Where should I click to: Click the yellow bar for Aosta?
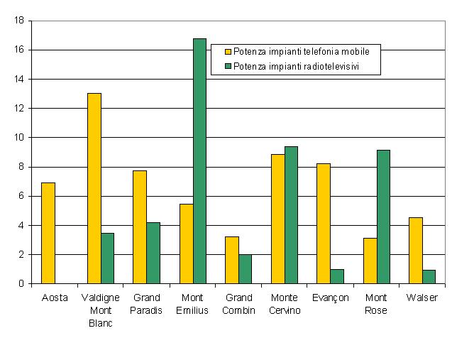coord(48,233)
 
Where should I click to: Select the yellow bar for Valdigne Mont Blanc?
coord(94,188)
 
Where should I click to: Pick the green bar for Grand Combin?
coord(245,269)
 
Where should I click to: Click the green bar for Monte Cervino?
coord(291,215)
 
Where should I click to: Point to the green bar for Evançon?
coord(337,276)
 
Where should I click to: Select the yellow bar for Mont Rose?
coord(370,261)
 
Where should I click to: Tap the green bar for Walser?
coord(429,277)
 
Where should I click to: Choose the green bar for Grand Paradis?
coord(153,253)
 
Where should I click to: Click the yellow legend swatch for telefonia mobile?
coord(228,51)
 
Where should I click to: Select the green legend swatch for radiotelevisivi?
coord(228,66)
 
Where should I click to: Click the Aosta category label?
coord(55,298)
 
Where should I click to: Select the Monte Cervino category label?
coord(285,304)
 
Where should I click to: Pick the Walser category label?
coord(422,298)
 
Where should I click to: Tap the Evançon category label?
coord(331,298)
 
